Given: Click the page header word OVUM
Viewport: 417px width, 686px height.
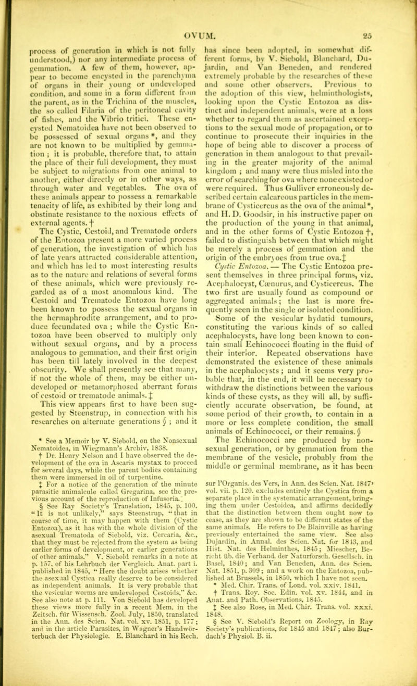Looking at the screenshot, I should tap(219, 6).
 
